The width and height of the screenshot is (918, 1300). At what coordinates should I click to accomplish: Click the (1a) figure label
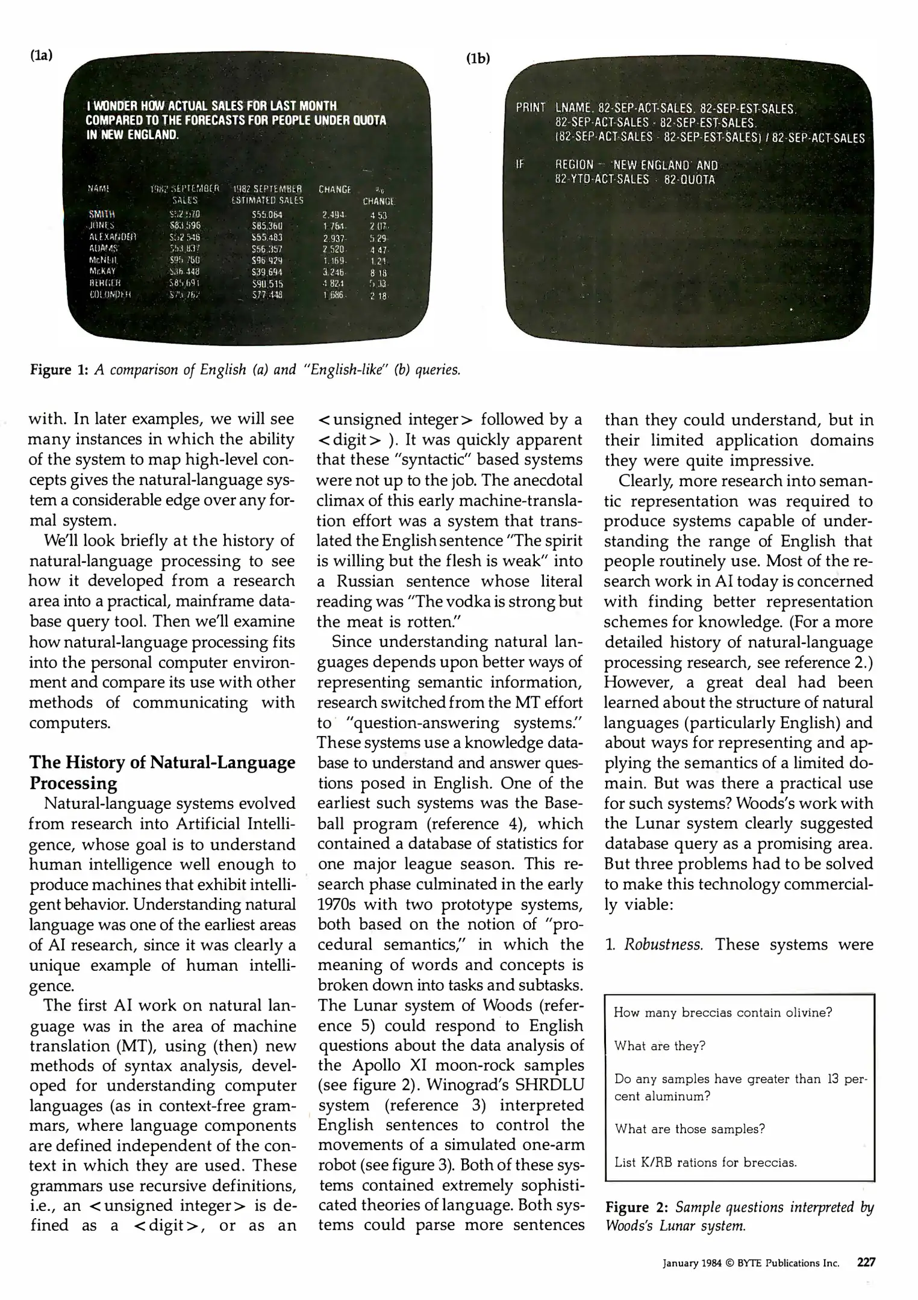[41, 55]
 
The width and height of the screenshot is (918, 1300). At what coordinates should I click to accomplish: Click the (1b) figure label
[478, 58]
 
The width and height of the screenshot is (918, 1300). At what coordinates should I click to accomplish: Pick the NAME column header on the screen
[98, 189]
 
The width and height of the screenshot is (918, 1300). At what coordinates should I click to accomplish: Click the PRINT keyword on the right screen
[531, 108]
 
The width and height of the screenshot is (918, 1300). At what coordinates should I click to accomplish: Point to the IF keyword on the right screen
[520, 164]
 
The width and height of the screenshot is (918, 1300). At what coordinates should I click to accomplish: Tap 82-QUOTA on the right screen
[689, 179]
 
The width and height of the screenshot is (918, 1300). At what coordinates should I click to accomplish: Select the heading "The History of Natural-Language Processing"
[162, 773]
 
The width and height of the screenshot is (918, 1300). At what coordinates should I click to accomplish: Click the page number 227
[866, 1262]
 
